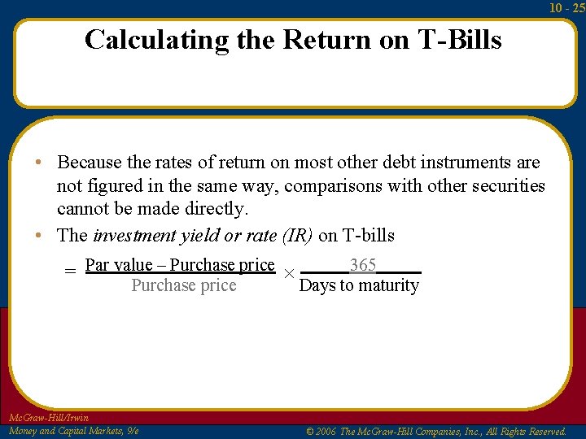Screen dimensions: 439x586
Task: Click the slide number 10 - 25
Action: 566,8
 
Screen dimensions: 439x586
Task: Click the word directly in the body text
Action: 216,209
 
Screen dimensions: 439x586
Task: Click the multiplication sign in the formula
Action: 287,274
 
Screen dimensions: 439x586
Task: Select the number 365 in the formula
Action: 362,265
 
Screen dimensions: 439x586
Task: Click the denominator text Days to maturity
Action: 359,285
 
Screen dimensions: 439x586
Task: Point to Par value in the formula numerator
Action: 119,265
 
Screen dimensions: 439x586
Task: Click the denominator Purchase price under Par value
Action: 184,285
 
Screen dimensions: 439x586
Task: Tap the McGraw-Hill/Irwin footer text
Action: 48,418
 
